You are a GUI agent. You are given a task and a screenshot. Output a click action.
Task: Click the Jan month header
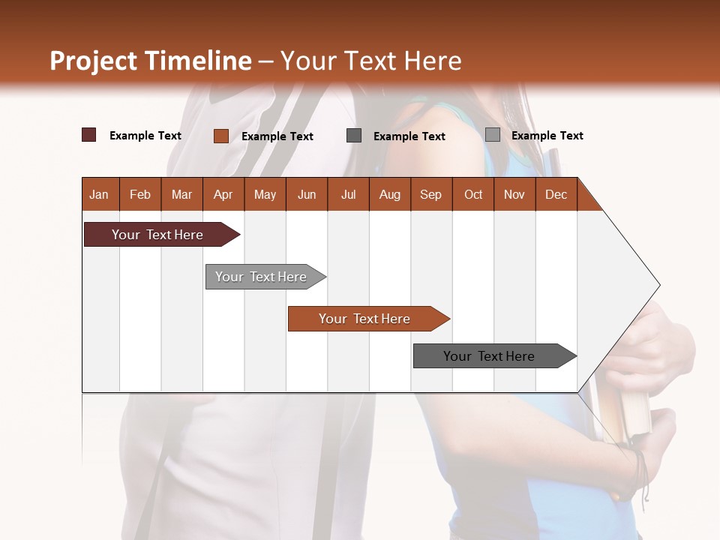[100, 194]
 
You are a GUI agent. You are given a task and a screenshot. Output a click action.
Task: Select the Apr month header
[223, 194]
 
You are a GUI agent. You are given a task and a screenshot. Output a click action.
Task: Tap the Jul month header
[348, 194]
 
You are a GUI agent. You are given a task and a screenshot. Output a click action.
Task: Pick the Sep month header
[430, 194]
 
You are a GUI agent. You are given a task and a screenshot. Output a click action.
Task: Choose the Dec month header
[556, 194]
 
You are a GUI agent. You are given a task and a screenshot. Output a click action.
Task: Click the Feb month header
[140, 194]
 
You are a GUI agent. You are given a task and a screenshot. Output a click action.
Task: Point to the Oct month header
[473, 194]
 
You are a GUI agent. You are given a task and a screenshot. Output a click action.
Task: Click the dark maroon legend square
[89, 135]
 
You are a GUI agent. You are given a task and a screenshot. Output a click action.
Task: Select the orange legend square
[221, 136]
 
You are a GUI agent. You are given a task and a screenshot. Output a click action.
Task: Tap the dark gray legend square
[354, 135]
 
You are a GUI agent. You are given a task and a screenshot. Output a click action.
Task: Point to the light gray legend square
[493, 135]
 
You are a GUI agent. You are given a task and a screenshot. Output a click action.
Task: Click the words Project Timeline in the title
[151, 61]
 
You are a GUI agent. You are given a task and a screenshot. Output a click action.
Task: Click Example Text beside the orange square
[277, 136]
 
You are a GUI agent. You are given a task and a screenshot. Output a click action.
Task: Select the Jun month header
[307, 194]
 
